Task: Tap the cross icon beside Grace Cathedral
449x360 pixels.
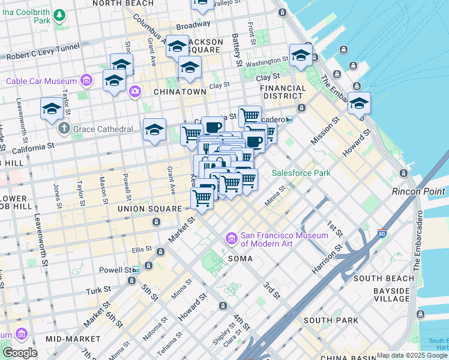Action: pos(65,129)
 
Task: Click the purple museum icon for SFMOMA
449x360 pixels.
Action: pos(231,239)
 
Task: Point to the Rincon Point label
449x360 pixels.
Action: pos(418,191)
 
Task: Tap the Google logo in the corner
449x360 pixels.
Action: pos(19,353)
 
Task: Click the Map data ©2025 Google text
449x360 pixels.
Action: pos(412,355)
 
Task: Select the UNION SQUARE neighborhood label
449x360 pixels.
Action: pos(149,209)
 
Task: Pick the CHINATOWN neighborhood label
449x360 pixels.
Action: pos(180,92)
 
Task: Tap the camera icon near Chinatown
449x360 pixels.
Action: pos(135,91)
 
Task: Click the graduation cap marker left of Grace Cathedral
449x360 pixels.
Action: pos(52,109)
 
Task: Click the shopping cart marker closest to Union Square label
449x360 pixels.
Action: pos(202,198)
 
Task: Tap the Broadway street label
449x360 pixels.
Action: pos(193,25)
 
